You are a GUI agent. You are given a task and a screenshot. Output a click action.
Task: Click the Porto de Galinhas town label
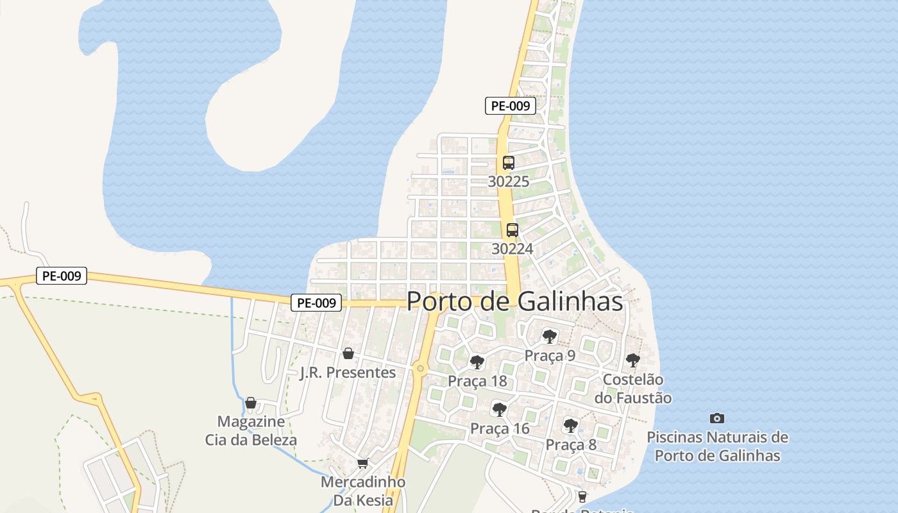pyautogui.click(x=514, y=301)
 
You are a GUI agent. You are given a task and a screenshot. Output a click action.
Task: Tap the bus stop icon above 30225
pyautogui.click(x=509, y=163)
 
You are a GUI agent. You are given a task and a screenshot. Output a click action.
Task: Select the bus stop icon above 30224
pyautogui.click(x=512, y=230)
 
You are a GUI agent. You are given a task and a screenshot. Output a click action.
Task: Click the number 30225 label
pyautogui.click(x=509, y=181)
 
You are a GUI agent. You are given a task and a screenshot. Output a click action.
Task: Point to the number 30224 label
pyautogui.click(x=512, y=249)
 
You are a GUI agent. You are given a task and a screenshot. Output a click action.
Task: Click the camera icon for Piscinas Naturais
pyautogui.click(x=717, y=419)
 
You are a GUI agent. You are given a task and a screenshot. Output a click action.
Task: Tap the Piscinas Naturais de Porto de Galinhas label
pyautogui.click(x=717, y=446)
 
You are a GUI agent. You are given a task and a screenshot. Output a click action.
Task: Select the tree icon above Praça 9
pyautogui.click(x=549, y=336)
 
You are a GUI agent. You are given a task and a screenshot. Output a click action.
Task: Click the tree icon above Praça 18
pyautogui.click(x=477, y=362)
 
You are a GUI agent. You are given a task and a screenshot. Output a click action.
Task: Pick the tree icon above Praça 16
pyautogui.click(x=499, y=409)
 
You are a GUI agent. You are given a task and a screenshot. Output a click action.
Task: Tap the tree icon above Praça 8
pyautogui.click(x=570, y=425)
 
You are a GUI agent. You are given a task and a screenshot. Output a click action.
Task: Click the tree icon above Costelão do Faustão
pyautogui.click(x=632, y=360)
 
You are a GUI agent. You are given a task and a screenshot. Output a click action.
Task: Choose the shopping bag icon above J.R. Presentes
pyautogui.click(x=348, y=353)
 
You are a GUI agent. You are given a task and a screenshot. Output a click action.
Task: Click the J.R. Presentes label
pyautogui.click(x=348, y=373)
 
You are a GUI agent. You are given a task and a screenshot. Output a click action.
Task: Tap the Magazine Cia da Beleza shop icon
pyautogui.click(x=251, y=403)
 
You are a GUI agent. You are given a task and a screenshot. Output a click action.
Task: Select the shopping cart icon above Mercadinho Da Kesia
pyautogui.click(x=362, y=463)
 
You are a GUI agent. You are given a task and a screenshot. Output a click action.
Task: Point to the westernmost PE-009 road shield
pyautogui.click(x=61, y=276)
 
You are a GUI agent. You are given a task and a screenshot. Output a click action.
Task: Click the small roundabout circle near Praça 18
pyautogui.click(x=420, y=368)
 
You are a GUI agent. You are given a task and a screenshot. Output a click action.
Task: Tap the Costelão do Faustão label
pyautogui.click(x=632, y=389)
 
